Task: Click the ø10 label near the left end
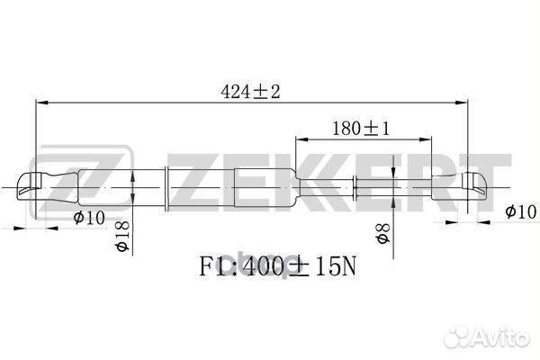[x=89, y=218]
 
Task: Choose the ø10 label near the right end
[x=520, y=211]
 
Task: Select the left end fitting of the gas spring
[x=36, y=186]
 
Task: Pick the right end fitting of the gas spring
[x=476, y=186]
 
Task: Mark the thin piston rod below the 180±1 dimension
[x=396, y=186]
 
